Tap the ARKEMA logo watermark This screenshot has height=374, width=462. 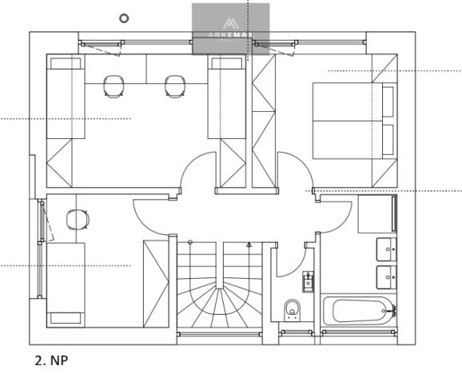pos(230,29)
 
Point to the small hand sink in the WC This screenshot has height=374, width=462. pos(308,280)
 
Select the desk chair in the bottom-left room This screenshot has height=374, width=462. pos(77,218)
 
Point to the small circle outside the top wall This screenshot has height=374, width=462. pos(123,17)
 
